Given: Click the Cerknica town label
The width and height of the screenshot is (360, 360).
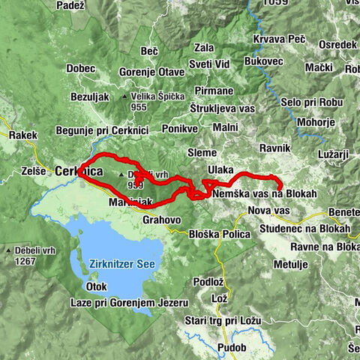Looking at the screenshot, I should [x=78, y=172].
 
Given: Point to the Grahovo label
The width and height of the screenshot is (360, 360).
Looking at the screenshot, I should [x=161, y=220].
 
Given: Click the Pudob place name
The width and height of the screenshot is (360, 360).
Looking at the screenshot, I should [x=230, y=348].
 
